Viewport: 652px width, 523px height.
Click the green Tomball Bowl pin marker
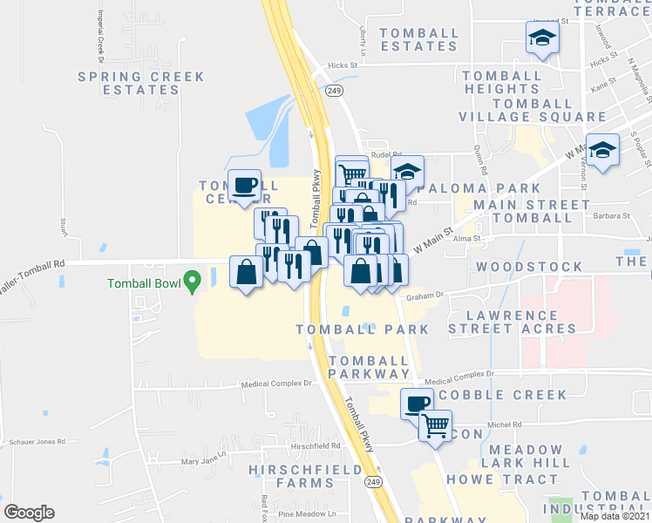pos(193,282)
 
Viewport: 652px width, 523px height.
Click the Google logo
pos(29,513)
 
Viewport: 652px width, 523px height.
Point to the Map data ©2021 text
pos(615,516)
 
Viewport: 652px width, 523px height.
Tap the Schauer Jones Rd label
pos(37,442)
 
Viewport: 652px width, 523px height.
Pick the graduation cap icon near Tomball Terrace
pos(541,38)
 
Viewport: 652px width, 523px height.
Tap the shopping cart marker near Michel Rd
pos(435,426)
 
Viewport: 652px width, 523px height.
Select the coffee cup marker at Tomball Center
pos(244,184)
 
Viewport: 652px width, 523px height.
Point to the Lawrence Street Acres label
pos(513,322)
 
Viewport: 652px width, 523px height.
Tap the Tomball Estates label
pos(419,39)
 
